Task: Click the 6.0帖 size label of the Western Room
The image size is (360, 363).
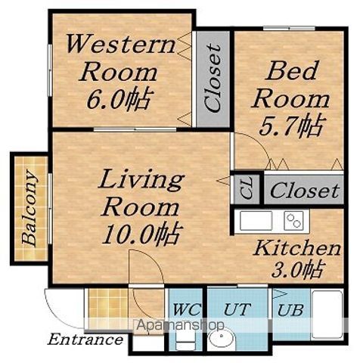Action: [119, 99]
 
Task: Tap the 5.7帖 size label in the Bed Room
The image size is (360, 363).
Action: [291, 126]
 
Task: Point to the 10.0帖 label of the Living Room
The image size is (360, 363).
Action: [141, 234]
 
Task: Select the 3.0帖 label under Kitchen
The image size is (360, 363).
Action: [296, 270]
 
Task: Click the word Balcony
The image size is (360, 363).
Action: [29, 208]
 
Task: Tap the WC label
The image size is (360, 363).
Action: [188, 309]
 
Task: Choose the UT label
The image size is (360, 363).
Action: [237, 309]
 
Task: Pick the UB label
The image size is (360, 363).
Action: [290, 310]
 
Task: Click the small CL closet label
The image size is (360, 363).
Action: [247, 189]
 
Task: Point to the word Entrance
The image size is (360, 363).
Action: [85, 340]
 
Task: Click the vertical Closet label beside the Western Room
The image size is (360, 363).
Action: [213, 78]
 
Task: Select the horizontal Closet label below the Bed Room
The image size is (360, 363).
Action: [305, 191]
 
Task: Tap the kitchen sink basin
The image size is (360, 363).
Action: [256, 221]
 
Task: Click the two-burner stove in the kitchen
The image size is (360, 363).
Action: [293, 221]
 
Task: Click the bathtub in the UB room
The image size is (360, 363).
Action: [327, 315]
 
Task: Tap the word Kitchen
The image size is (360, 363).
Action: [297, 249]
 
